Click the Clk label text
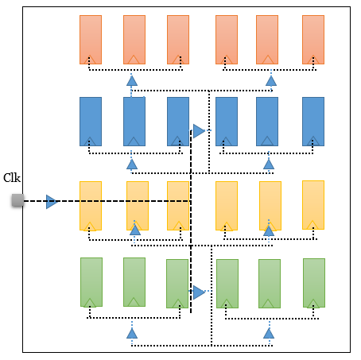(12, 178)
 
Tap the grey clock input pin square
(17, 200)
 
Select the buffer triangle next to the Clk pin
(52, 202)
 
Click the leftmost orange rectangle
(91, 40)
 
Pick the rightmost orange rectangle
(313, 40)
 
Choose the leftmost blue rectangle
(91, 122)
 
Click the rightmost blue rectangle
(313, 122)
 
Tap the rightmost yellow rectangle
(313, 205)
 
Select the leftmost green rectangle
(91, 282)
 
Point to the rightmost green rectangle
(314, 283)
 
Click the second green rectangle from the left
(134, 282)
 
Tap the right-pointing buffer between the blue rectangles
(199, 131)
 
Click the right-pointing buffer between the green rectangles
(199, 292)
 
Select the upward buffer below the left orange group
(132, 81)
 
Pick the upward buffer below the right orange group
(271, 81)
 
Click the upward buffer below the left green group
(132, 333)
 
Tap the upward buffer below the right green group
(269, 333)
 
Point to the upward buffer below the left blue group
(132, 165)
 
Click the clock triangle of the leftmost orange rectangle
(90, 60)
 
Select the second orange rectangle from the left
(134, 40)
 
